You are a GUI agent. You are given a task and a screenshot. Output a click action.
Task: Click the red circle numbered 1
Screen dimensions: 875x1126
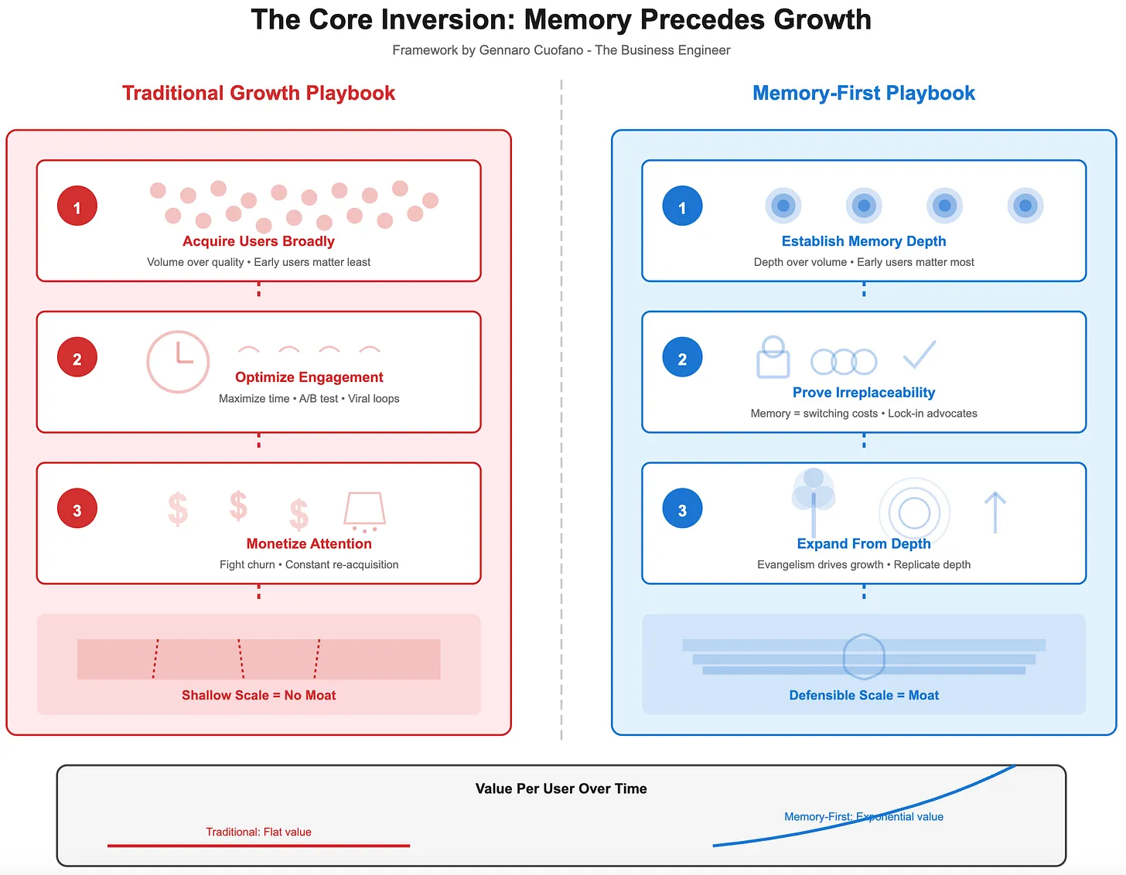77,206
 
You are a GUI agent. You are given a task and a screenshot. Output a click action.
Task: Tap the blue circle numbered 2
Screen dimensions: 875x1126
682,358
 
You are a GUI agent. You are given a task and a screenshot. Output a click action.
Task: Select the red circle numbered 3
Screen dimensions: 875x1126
77,509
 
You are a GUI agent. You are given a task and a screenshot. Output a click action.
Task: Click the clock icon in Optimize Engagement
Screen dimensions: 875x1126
178,362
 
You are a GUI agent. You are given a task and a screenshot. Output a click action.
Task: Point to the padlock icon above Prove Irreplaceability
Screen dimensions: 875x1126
773,357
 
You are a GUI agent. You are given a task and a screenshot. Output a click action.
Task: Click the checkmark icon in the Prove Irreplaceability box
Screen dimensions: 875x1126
920,355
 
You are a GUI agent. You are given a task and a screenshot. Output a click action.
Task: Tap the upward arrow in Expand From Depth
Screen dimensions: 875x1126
995,512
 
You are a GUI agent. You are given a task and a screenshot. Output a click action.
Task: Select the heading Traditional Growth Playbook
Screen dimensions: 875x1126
258,94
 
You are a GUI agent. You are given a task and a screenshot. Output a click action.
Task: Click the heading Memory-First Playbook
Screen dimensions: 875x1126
863,94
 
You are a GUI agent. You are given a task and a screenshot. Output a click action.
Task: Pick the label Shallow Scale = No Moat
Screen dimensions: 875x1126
258,696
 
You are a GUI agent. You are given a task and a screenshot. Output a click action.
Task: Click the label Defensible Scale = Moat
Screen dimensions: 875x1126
863,696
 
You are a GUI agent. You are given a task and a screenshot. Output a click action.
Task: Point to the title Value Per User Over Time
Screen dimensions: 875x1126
561,789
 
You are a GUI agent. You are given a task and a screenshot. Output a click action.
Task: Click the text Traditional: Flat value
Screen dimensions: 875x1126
258,832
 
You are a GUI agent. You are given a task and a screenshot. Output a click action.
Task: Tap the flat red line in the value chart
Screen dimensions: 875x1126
258,846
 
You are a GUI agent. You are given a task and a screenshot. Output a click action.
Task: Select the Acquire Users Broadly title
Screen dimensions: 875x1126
258,241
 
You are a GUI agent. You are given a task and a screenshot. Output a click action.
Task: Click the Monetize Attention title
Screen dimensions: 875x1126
309,544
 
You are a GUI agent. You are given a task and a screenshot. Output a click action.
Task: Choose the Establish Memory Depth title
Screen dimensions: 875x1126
863,241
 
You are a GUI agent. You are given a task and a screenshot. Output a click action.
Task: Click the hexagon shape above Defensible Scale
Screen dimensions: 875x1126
863,657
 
